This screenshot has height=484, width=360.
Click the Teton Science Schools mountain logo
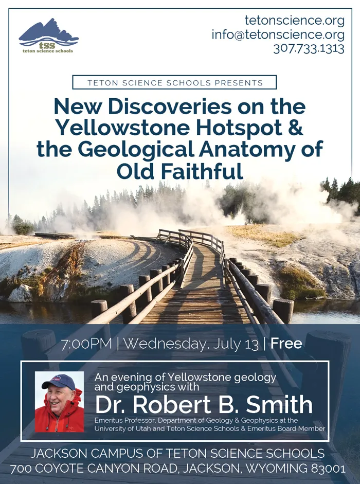click(48, 35)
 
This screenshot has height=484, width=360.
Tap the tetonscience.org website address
click(295, 21)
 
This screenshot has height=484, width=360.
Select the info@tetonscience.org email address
click(278, 34)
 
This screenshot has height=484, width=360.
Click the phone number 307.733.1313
click(309, 49)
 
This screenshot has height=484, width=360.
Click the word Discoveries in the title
click(169, 106)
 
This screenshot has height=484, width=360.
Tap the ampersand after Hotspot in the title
click(296, 128)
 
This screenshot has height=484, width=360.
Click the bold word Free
click(286, 344)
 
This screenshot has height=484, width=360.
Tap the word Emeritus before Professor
click(106, 420)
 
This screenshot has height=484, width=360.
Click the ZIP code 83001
click(328, 469)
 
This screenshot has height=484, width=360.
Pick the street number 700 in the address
click(21, 469)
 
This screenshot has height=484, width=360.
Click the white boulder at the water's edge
click(20, 293)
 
